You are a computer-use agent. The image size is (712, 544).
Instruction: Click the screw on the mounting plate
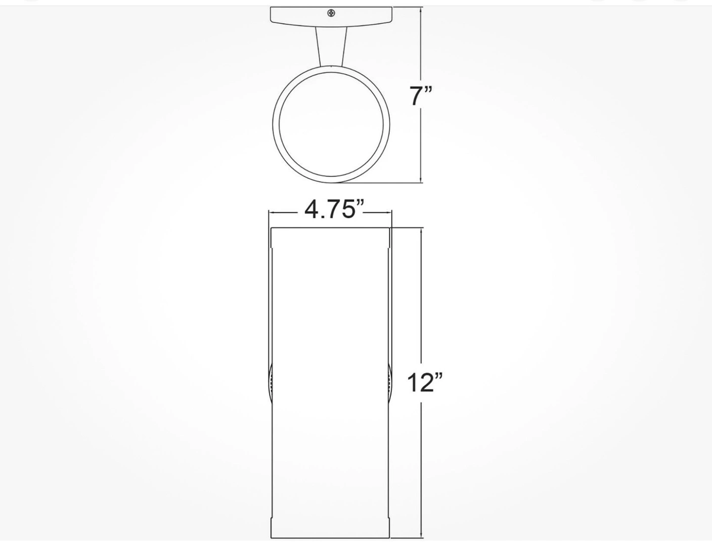coord(331,13)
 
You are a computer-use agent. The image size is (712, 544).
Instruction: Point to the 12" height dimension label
coord(425,382)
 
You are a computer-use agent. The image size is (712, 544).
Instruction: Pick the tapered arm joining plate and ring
coord(331,45)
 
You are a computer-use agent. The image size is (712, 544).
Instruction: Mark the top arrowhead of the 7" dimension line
coord(421,11)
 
